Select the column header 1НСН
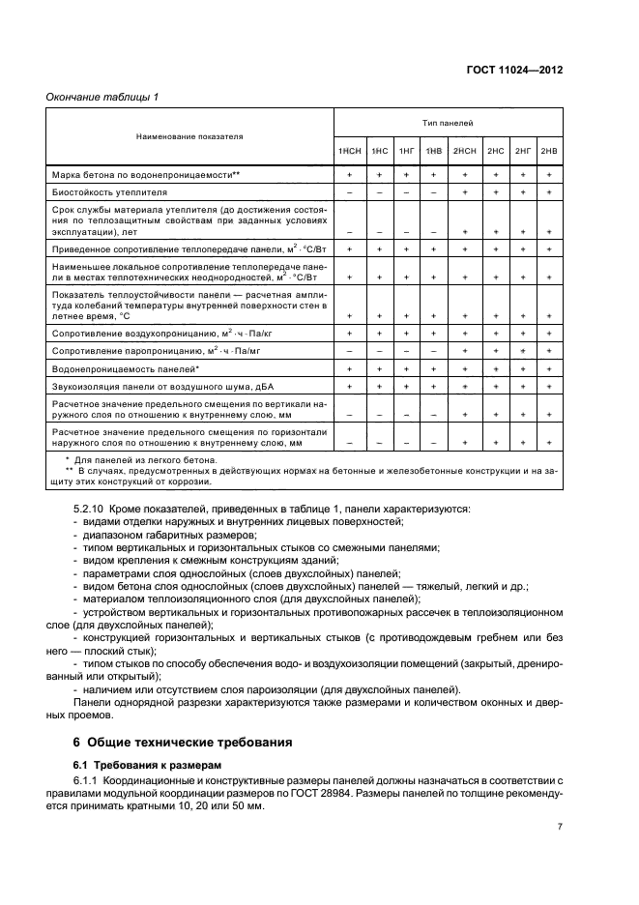click(349, 151)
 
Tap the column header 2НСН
click(465, 151)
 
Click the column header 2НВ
click(549, 151)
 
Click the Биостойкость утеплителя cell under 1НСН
click(349, 193)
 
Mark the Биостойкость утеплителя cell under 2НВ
click(549, 193)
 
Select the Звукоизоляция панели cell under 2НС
click(496, 386)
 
